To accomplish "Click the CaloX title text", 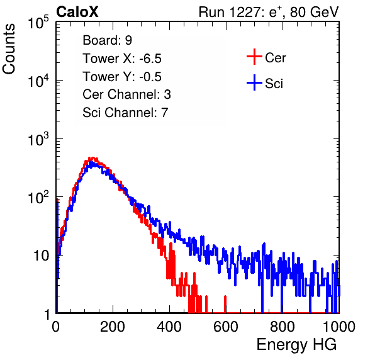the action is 77,12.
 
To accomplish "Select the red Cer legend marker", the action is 254,57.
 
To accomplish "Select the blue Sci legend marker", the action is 254,82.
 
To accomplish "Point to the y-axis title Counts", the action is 9,49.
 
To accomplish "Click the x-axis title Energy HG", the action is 296,345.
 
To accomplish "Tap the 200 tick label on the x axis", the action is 113,327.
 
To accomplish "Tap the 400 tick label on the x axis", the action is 169,327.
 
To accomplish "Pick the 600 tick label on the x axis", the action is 226,327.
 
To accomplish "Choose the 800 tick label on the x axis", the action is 283,327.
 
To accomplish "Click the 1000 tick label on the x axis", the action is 339,327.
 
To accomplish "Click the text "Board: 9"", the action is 108,40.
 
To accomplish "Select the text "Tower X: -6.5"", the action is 122,59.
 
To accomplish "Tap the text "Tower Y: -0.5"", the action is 122,77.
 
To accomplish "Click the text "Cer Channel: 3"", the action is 126,94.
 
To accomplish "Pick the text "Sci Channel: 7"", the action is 125,113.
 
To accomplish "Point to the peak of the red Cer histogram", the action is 92,157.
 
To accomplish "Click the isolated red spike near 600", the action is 225,304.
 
